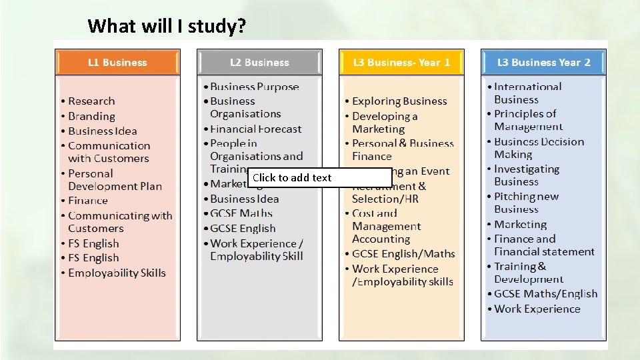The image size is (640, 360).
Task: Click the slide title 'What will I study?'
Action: [167, 26]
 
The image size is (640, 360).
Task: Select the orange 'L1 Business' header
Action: [117, 63]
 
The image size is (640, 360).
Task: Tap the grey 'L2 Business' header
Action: [259, 63]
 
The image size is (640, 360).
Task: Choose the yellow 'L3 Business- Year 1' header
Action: [401, 63]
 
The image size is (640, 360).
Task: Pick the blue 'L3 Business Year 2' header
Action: [543, 63]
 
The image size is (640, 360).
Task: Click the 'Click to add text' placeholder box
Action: [321, 178]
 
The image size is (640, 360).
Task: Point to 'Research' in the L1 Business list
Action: [91, 101]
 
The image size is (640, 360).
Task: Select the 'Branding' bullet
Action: [91, 116]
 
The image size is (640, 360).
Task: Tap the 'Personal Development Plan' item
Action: [114, 180]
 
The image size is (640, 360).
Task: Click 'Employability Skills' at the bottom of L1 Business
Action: [117, 273]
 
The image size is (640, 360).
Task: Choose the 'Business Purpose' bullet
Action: [255, 87]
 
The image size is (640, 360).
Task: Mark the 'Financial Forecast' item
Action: [256, 129]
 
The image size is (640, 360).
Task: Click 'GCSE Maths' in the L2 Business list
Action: [241, 213]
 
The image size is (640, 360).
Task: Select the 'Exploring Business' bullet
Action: [399, 101]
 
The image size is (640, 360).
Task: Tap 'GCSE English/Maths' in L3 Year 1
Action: [403, 254]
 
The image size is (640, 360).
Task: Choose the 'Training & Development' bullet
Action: [528, 273]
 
